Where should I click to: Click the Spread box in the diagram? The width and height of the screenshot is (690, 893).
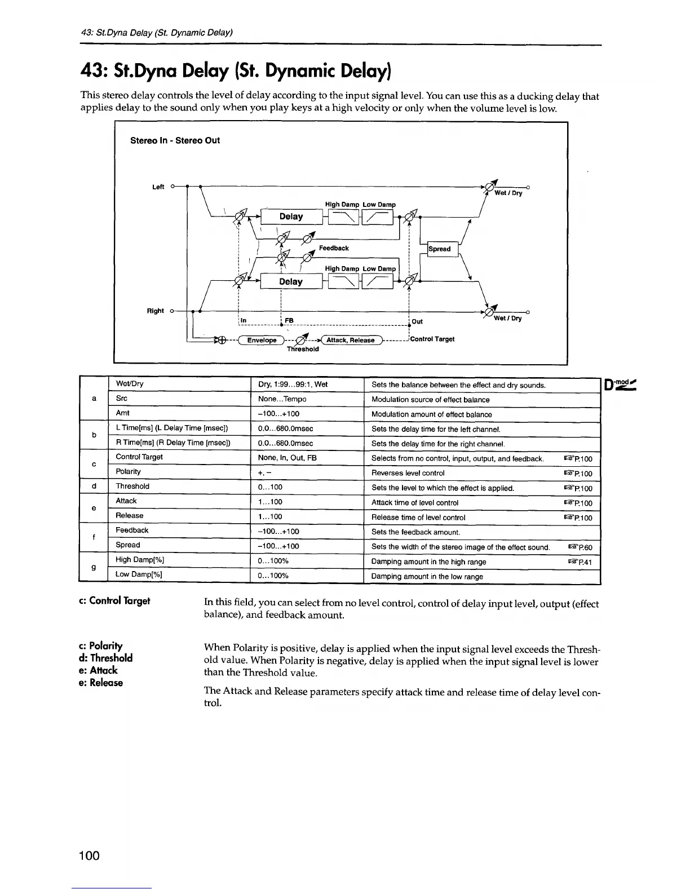440,249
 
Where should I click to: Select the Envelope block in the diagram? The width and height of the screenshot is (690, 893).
262,340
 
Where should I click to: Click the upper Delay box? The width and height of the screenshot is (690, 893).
291,216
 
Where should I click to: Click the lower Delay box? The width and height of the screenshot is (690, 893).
291,281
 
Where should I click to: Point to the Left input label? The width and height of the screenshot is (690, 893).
158,187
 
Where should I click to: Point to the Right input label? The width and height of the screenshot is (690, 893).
155,311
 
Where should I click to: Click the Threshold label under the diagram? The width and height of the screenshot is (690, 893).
303,349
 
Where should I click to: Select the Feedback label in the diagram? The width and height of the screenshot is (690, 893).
334,248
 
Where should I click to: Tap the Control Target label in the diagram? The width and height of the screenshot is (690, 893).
432,339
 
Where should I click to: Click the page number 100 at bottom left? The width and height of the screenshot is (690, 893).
89,856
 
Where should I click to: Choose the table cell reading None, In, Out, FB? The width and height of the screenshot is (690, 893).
287,458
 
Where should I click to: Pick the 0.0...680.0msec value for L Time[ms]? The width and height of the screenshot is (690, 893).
285,428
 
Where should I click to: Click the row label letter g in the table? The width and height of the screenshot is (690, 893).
94,567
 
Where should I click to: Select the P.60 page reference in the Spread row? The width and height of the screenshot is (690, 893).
580,547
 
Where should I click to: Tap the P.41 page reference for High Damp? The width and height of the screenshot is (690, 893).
580,562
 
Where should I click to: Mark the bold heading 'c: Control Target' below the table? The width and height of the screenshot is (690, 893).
116,601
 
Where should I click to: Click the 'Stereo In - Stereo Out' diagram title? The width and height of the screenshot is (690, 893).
175,140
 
